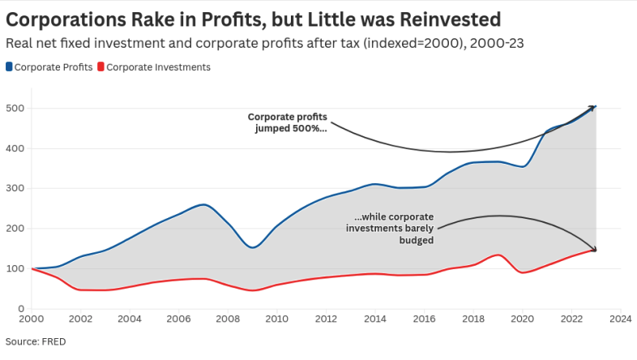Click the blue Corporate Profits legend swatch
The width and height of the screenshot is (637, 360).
click(x=10, y=67)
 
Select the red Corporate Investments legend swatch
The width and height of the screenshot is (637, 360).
click(x=100, y=67)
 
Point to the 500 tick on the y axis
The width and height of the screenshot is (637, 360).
click(x=16, y=109)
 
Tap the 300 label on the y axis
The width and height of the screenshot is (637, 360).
click(x=16, y=189)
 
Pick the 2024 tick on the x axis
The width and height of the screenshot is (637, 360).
click(x=620, y=319)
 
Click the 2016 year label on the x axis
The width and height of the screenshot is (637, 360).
click(x=425, y=319)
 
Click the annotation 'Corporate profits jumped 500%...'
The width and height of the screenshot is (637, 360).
click(x=287, y=122)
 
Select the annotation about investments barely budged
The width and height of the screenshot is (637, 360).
click(x=393, y=229)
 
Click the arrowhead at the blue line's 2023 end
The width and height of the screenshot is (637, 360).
click(x=594, y=106)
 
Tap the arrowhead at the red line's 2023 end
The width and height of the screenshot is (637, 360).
click(x=594, y=250)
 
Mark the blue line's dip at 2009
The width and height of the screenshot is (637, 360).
click(x=253, y=247)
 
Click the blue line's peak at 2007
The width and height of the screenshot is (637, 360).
click(x=205, y=204)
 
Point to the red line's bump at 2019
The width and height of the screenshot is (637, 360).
click(x=498, y=255)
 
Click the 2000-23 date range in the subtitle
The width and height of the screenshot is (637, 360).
click(x=494, y=43)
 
